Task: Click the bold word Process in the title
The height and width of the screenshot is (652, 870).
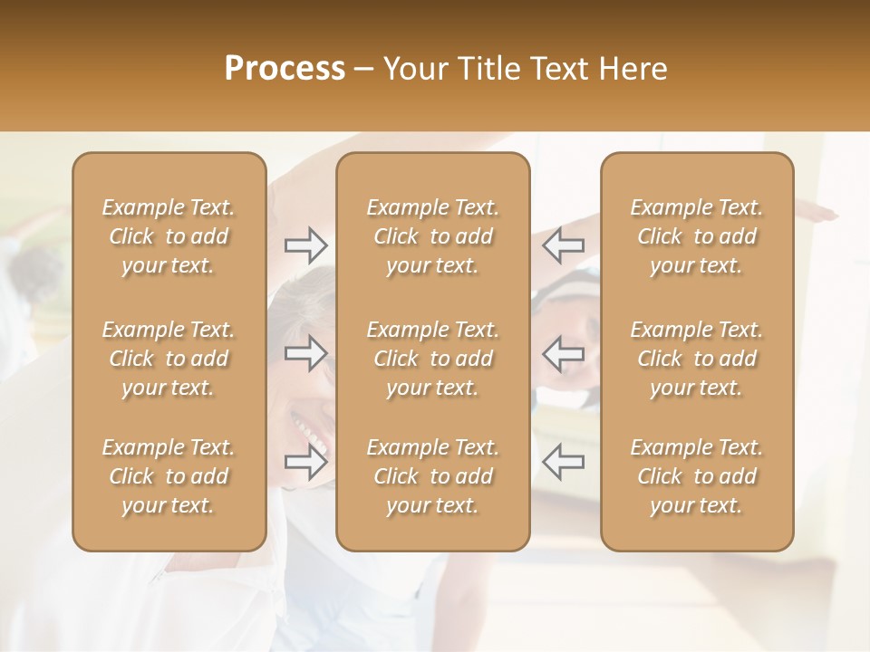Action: pos(285,68)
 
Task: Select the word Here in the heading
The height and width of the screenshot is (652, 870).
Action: pos(633,68)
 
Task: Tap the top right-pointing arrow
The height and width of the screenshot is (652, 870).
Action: pos(305,244)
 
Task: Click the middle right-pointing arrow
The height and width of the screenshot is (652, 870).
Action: pos(305,353)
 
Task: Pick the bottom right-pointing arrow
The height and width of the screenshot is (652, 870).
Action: pos(305,463)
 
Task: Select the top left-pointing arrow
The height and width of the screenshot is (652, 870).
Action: pos(563,244)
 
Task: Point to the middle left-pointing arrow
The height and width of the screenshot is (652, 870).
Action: pos(563,353)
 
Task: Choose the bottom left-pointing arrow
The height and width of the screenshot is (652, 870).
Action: pos(563,463)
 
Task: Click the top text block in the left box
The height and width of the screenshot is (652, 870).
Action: pos(169,236)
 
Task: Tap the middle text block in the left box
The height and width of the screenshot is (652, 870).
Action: pos(169,359)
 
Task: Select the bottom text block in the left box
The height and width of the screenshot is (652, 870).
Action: pos(169,476)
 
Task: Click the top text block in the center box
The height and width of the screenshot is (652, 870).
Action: pos(433,236)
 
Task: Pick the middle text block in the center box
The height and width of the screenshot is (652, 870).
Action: pos(433,359)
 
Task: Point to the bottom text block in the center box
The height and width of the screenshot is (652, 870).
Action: pos(433,476)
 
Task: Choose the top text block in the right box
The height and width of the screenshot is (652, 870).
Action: pos(697,236)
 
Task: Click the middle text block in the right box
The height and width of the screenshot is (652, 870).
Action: pos(697,359)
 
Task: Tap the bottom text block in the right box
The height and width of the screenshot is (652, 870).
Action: pos(697,476)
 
